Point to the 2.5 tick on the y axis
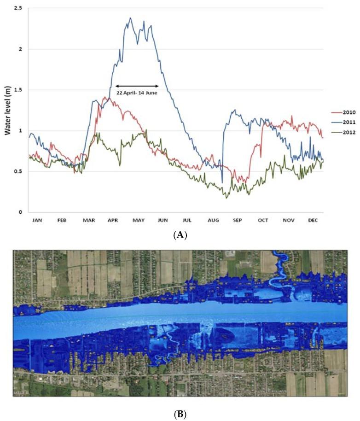(x=18, y=8)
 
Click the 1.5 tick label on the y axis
(x=18, y=90)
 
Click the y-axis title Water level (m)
(x=8, y=110)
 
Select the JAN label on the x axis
(x=37, y=221)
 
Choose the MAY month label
(x=139, y=221)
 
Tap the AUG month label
(x=214, y=221)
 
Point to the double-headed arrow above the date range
(x=137, y=86)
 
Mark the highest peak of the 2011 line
(x=130, y=18)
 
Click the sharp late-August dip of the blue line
(x=222, y=182)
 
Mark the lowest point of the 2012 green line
(x=226, y=198)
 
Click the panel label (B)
(x=180, y=413)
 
